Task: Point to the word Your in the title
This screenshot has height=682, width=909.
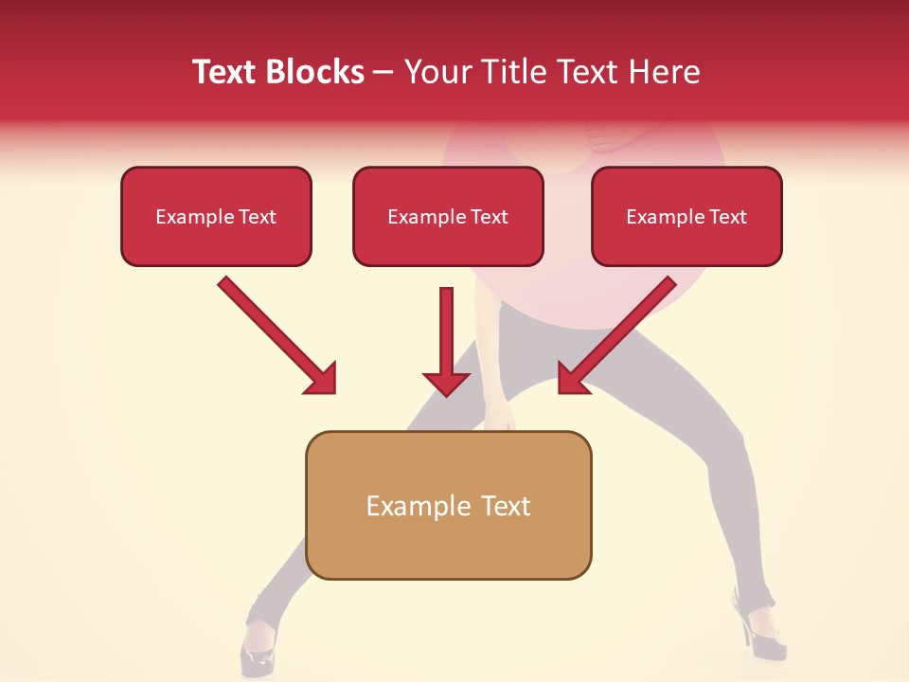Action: pos(436,72)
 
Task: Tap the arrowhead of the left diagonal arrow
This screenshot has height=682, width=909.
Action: pos(322,379)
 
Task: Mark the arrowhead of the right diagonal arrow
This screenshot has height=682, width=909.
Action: pos(572,379)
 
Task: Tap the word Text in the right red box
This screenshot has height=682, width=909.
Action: pos(728,217)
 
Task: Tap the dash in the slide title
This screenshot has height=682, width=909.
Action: pos(383,73)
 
